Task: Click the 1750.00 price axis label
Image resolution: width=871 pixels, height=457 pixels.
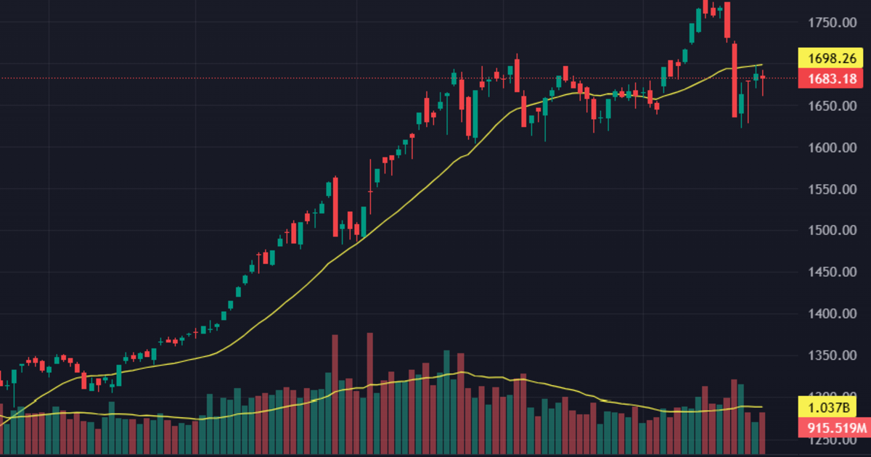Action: click(x=828, y=23)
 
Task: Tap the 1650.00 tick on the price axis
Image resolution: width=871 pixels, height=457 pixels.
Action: click(x=828, y=107)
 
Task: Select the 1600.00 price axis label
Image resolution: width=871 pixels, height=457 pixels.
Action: click(x=828, y=148)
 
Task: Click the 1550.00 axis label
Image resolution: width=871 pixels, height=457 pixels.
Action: click(x=828, y=189)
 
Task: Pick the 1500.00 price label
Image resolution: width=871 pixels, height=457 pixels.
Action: click(x=828, y=231)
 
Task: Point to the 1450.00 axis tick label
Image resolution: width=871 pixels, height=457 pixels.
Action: click(x=828, y=272)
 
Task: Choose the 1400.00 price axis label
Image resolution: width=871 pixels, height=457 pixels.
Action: click(x=828, y=314)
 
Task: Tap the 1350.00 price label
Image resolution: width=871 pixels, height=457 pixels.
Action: click(x=828, y=355)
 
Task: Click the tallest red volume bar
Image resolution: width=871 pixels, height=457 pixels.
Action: click(x=369, y=384)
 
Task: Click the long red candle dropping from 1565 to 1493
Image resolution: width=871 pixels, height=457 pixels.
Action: click(x=335, y=207)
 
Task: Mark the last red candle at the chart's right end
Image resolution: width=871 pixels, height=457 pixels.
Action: click(x=762, y=78)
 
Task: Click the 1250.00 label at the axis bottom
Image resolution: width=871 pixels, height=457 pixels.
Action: click(x=828, y=440)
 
